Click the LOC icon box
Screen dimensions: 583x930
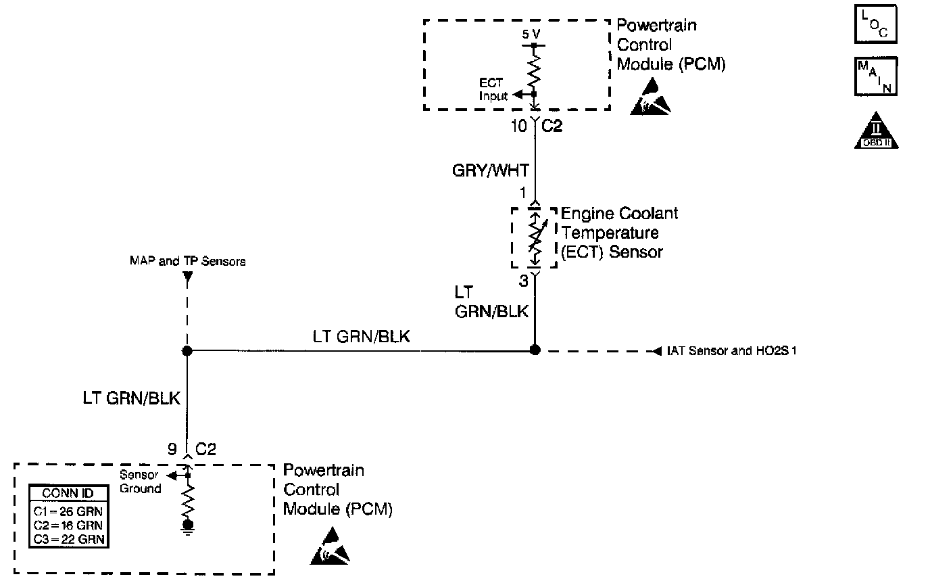tap(875, 24)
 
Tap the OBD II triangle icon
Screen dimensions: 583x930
tap(876, 131)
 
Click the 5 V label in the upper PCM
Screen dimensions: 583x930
tap(531, 33)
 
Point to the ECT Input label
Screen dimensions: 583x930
tap(493, 89)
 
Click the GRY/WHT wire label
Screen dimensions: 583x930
tap(490, 171)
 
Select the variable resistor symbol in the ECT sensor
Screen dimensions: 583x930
tap(535, 237)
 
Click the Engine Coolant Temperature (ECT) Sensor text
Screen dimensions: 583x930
tap(618, 233)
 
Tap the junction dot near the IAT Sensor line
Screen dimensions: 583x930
tap(535, 350)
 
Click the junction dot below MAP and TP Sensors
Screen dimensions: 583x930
tap(187, 351)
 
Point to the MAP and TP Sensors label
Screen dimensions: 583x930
tap(187, 261)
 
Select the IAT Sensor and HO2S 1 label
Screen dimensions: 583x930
tap(731, 351)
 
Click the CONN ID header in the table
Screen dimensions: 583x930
tap(68, 493)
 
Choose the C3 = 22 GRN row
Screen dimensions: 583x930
tap(68, 538)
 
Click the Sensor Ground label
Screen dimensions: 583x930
tap(140, 482)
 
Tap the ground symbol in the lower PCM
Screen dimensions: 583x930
tap(188, 527)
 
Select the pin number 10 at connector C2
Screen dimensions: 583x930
tap(518, 126)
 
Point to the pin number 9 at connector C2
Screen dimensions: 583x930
tap(173, 449)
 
